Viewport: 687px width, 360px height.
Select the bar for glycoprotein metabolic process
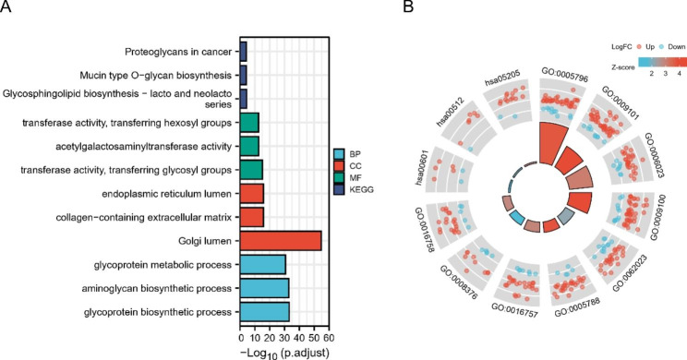[262, 265]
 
